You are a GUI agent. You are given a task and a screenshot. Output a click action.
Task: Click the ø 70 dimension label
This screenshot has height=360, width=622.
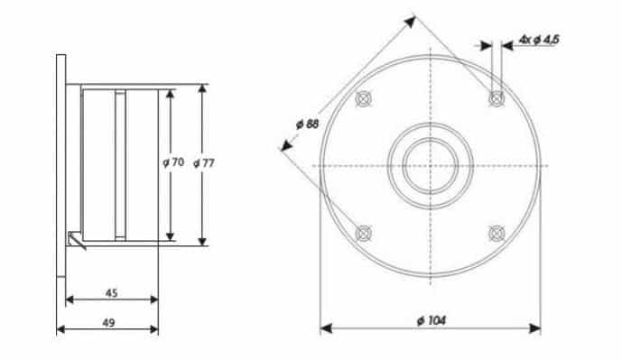173,162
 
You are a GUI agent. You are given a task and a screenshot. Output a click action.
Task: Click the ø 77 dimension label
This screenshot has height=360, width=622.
204,163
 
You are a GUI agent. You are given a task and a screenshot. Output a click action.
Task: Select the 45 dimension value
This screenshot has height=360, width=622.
112,293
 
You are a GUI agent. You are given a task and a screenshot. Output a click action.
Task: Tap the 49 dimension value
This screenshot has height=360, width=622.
108,323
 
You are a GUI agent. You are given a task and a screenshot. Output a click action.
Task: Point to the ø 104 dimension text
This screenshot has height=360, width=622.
432,320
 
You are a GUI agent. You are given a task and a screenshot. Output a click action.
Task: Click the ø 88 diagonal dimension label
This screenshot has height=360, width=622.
308,125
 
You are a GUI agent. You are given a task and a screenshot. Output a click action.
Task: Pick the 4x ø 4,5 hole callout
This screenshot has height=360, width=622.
539,40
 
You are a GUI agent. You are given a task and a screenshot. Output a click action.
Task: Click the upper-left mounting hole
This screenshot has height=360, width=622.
364,98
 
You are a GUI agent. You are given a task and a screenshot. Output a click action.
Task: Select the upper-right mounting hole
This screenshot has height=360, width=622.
497,98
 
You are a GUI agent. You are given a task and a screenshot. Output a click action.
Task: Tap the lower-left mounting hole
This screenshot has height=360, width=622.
364,234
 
